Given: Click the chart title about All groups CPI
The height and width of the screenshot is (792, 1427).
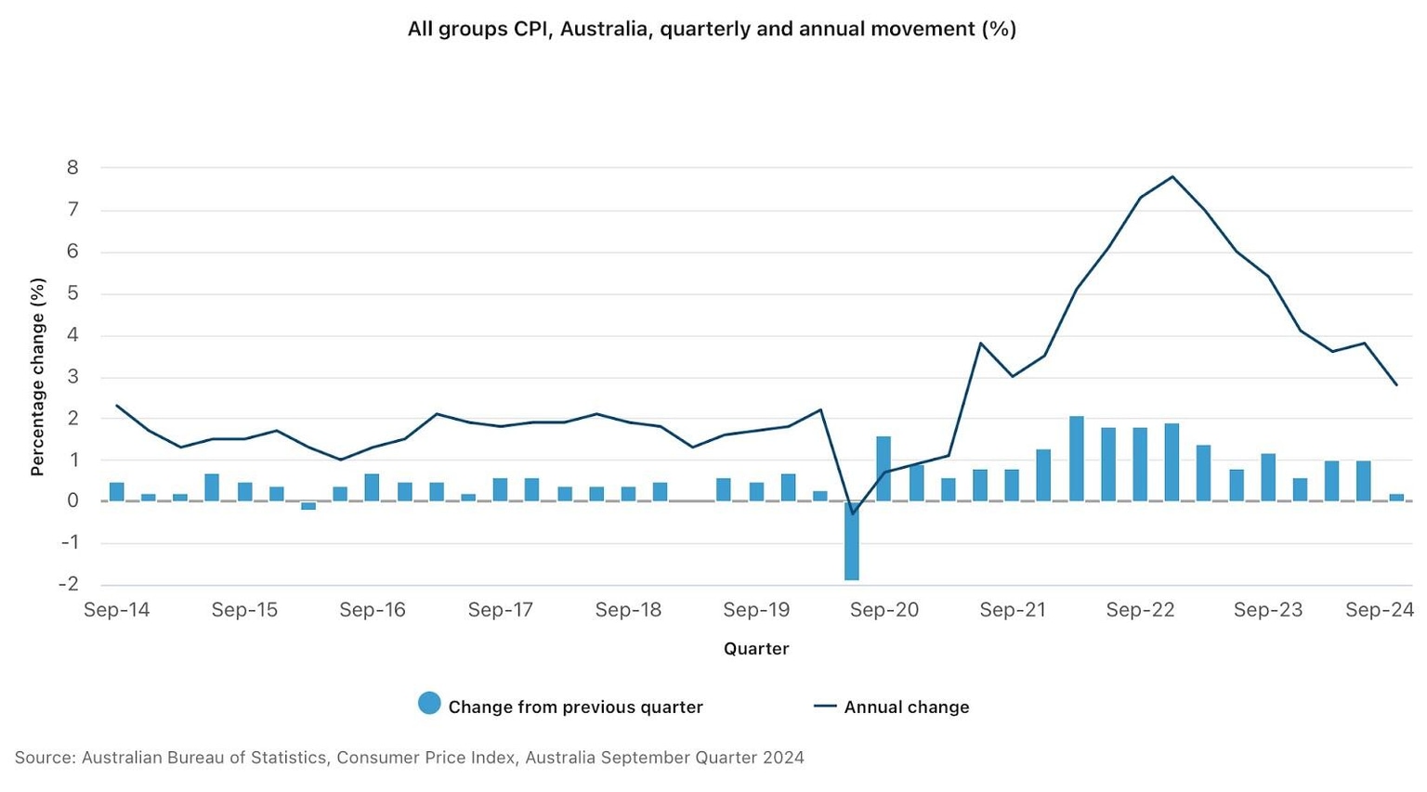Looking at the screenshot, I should tap(712, 29).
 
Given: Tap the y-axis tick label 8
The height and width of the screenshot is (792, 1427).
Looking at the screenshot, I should tap(72, 168).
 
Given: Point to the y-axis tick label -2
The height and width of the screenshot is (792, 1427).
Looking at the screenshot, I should tap(68, 584).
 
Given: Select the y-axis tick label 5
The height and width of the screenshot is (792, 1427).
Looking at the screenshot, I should tap(72, 293).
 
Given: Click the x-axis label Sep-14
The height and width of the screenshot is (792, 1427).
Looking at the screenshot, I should tap(116, 610).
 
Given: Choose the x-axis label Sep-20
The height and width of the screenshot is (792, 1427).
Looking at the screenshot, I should tap(884, 610).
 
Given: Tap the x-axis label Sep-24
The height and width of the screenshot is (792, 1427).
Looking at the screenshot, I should tap(1380, 610).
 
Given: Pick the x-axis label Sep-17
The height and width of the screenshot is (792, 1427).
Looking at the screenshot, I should tap(501, 610).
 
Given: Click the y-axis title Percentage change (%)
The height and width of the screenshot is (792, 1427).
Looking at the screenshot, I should tap(38, 377).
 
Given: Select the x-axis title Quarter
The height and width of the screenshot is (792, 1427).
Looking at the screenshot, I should tap(756, 649).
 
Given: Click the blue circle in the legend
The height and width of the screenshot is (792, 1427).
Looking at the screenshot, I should tap(429, 704).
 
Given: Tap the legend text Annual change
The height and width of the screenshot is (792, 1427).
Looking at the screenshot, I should tap(906, 708).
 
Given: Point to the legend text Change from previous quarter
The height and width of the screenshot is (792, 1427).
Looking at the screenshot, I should tap(575, 708).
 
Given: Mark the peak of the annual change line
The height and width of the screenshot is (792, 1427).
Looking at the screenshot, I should tap(1172, 176).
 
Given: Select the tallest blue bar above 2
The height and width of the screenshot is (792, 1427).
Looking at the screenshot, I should tap(1077, 459).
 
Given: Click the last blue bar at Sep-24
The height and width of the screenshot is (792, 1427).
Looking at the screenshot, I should tap(1396, 498).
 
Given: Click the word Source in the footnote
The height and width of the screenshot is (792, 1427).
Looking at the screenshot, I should tap(43, 758).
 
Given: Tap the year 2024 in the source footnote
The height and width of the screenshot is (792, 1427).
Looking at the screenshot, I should tap(783, 758).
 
